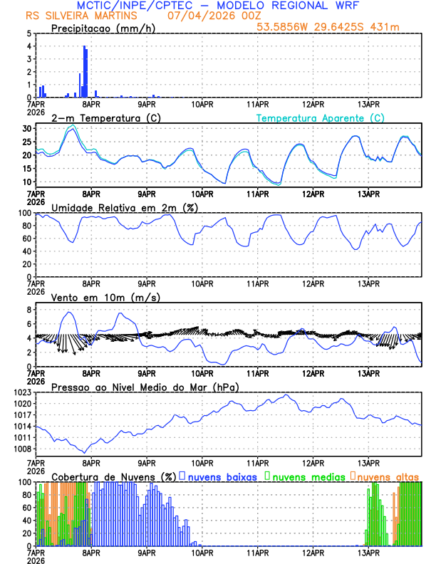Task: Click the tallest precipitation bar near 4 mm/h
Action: coord(85,71)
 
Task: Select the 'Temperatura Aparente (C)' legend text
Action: coord(320,117)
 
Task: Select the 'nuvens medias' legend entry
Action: coord(303,476)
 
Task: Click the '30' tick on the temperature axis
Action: coord(27,128)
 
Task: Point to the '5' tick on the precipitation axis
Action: coord(29,33)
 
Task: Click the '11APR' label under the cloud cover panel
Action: coord(257,552)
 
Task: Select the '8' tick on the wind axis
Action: coord(29,310)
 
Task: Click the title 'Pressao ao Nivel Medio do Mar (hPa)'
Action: coord(145,387)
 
